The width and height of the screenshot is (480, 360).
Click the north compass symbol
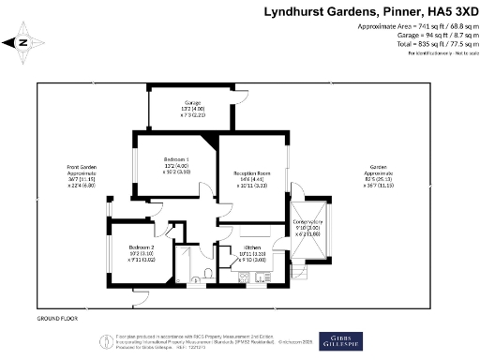pos(23,42)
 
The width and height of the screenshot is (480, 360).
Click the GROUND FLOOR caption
pos(55,320)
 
